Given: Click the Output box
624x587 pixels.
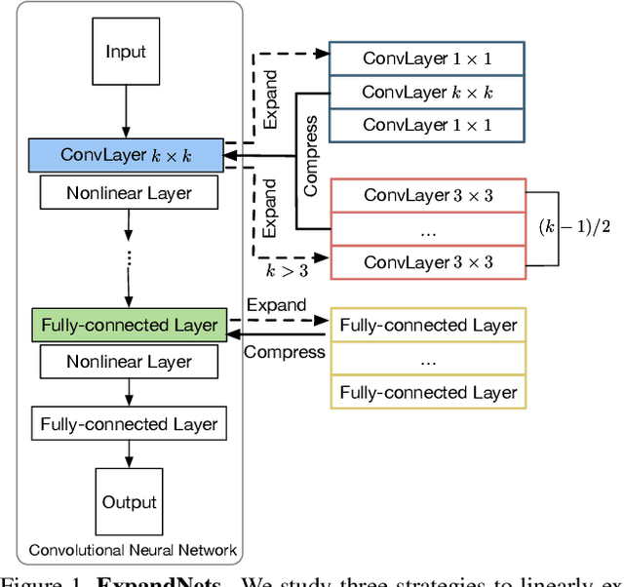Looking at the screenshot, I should pyautogui.click(x=130, y=502).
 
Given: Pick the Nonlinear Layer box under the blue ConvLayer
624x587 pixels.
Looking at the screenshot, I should pyautogui.click(x=129, y=192).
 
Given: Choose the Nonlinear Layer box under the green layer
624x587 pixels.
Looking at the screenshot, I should pyautogui.click(x=129, y=362).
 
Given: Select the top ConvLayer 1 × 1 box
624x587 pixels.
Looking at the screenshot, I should pyautogui.click(x=427, y=59).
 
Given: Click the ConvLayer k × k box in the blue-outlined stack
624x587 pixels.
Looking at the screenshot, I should pyautogui.click(x=427, y=92).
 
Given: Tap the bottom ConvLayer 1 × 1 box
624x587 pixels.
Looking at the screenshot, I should pyautogui.click(x=427, y=125).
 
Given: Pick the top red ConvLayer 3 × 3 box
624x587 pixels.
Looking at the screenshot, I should pyautogui.click(x=428, y=195).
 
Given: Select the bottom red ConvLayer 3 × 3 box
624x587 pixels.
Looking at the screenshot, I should pyautogui.click(x=428, y=261).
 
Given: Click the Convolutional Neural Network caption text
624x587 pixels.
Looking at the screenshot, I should pyautogui.click(x=133, y=550).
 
